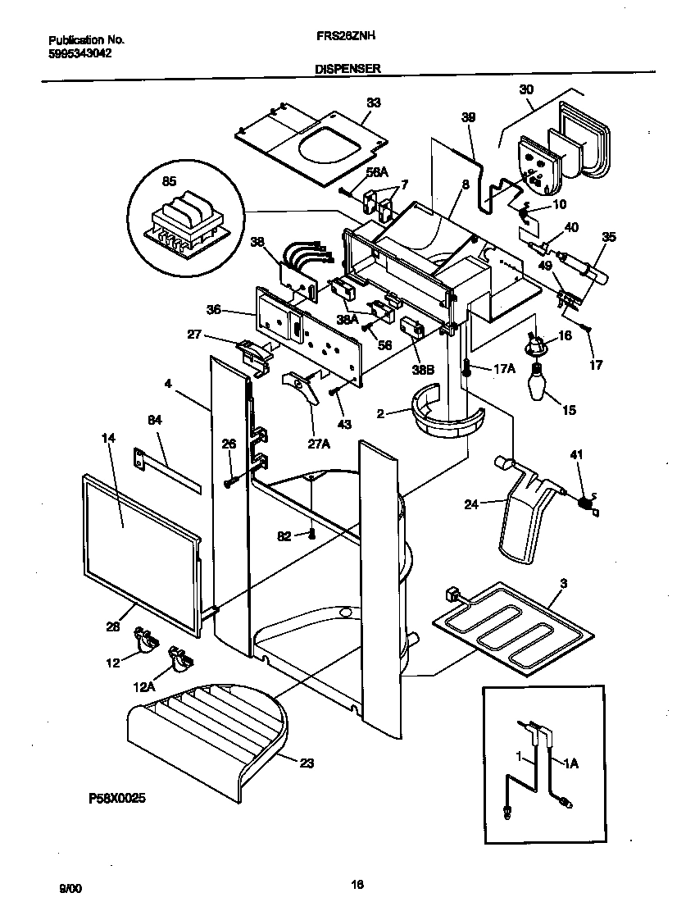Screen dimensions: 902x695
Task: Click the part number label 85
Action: (168, 182)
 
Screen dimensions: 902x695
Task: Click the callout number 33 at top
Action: (373, 103)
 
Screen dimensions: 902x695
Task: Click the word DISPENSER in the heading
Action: (347, 70)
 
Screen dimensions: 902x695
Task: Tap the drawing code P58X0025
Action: (117, 797)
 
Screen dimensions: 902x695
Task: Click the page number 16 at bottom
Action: (357, 884)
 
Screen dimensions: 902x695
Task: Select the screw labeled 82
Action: (312, 535)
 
